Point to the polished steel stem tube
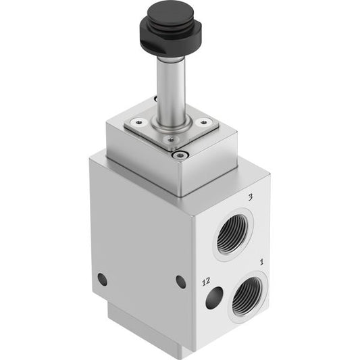[x=172, y=90]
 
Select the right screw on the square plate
[x=203, y=122]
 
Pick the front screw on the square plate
[x=170, y=138]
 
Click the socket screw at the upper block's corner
[x=180, y=156]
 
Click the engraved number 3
[x=251, y=197]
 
